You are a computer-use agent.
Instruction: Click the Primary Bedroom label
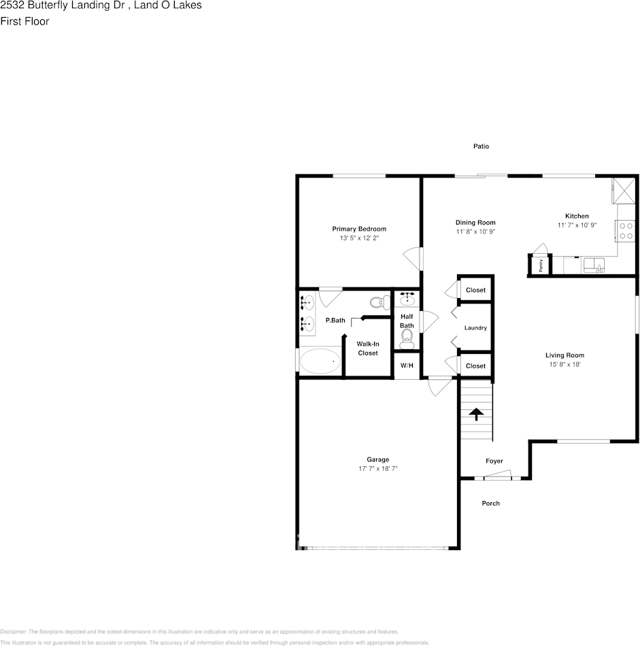point(359,229)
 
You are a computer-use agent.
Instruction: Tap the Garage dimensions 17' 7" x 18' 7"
point(378,469)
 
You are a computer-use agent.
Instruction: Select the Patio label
point(482,146)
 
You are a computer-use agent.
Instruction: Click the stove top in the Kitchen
point(626,231)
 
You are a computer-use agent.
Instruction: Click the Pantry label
point(541,265)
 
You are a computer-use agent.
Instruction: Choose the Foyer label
point(494,461)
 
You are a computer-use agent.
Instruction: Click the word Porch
point(490,503)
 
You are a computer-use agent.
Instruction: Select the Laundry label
point(475,328)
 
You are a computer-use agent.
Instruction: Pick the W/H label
point(407,366)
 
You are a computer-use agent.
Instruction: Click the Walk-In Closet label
point(367,348)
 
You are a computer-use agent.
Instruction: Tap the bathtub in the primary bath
point(320,361)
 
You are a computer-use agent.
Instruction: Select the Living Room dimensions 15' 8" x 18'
point(565,364)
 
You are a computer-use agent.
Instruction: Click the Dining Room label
point(475,223)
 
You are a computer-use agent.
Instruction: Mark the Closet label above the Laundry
point(475,290)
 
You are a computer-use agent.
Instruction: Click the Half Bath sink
point(408,298)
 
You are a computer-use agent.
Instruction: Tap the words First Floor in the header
point(24,21)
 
